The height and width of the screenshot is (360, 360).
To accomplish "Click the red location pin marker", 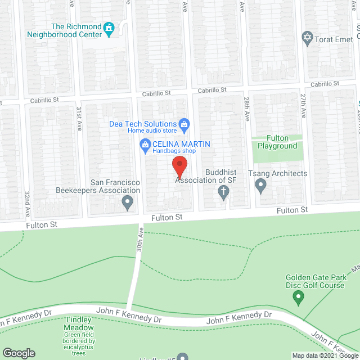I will pos(179,168).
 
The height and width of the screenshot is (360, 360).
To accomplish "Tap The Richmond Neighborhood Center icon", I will pos(109,27).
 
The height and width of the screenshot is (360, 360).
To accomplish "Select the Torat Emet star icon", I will pos(307,38).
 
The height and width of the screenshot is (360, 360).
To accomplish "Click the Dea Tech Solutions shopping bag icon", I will pos(183,124).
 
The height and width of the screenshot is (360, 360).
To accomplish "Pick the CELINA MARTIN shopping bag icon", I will pos(145,145).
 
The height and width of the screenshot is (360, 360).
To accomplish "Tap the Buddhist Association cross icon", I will pos(223,193).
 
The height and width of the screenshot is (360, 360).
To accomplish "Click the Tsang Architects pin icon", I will pos(260,184).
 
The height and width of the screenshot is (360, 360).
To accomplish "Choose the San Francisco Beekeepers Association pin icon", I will pos(128,201).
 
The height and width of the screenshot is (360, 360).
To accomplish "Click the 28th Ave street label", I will pos(246,109).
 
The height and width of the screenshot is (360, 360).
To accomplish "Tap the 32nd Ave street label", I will pos(26,204).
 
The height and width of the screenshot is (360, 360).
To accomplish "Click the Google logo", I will pos(18,353).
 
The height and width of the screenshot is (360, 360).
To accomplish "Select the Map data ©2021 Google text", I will pos(325,355).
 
